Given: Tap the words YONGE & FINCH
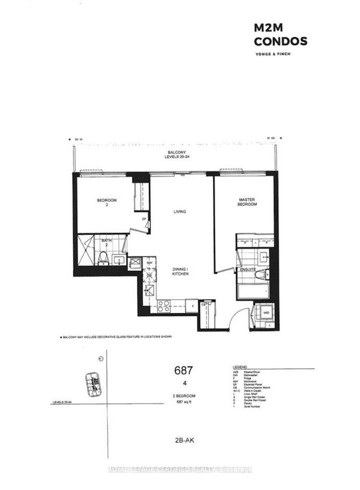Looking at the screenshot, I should pos(273,56).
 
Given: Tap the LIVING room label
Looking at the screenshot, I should pos(179,211).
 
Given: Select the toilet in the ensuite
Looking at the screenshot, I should pos(266,273).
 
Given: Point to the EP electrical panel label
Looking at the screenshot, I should pos(144,219).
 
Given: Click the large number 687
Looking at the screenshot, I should pos(183,371).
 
